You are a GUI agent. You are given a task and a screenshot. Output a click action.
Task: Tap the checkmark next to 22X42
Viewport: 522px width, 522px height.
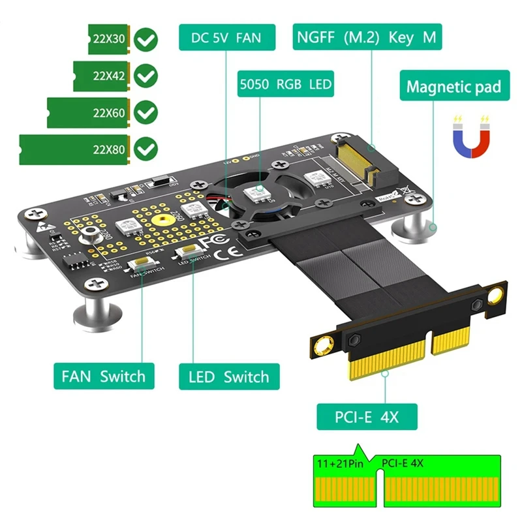(x=146, y=76)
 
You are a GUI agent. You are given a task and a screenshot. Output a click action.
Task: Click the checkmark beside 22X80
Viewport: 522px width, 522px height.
(x=146, y=149)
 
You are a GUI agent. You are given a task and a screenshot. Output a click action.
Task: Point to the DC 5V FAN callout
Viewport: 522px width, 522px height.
(x=227, y=37)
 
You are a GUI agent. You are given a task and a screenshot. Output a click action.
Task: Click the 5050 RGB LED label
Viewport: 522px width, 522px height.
(x=285, y=84)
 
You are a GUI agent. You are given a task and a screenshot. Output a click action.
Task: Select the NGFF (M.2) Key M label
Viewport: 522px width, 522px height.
(x=366, y=37)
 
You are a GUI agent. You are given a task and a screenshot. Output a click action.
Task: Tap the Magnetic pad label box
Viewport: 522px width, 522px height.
(x=453, y=86)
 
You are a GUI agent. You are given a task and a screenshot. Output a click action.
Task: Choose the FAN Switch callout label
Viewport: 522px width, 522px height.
(x=104, y=376)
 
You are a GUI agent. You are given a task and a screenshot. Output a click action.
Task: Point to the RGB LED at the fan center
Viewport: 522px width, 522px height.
(x=254, y=192)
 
